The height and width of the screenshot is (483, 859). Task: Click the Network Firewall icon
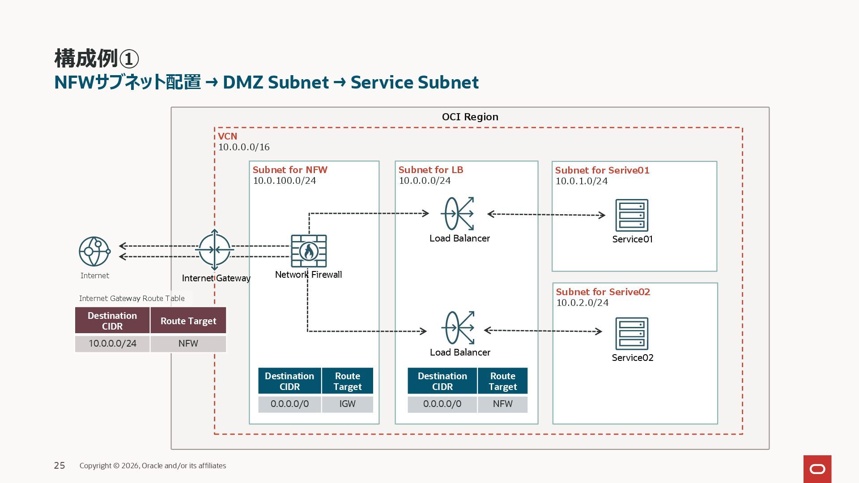309,251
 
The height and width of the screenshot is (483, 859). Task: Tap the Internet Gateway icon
215,250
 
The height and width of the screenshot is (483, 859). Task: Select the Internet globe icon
94,252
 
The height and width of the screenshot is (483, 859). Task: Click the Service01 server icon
632,216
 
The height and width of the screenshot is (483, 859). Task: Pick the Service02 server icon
632,334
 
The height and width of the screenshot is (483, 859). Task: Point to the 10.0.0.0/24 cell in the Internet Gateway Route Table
112,343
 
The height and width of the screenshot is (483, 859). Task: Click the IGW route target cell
347,404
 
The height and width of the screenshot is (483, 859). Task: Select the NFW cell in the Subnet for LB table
502,404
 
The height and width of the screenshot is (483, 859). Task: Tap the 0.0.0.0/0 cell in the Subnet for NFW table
289,404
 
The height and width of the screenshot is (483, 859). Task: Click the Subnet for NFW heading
290,170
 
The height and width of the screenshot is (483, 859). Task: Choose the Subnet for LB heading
431,170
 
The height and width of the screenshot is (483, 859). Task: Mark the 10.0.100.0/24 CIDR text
285,181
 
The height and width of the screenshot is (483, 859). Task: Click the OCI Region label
470,117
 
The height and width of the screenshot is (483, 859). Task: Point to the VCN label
228,136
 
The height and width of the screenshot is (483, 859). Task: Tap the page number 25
60,466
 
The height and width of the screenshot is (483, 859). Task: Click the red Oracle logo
817,469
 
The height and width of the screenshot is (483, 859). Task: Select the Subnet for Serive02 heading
603,292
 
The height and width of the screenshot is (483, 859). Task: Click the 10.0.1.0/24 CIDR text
582,181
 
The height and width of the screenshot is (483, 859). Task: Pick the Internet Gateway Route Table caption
132,298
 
